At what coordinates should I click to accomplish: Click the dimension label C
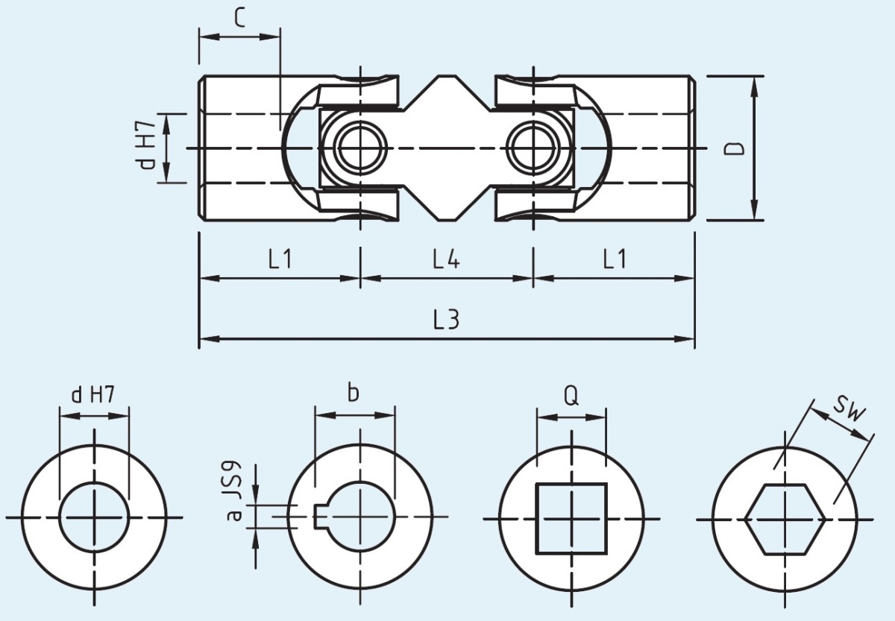tap(239, 16)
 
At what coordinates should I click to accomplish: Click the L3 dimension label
tap(446, 319)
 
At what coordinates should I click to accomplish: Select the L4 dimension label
tap(446, 259)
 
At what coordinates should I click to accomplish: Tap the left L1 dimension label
tap(280, 259)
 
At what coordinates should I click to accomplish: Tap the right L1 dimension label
tap(615, 259)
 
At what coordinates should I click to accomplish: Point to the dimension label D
tap(735, 148)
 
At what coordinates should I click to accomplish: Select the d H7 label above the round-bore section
tap(93, 395)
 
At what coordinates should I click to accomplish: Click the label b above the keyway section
tap(354, 392)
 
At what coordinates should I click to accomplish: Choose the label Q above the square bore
tap(571, 395)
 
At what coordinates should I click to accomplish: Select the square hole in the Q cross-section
tap(571, 517)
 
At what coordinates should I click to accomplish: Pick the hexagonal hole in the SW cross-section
tap(785, 518)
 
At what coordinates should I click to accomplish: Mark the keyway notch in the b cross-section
tap(320, 515)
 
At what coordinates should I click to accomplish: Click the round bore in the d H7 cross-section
tap(94, 517)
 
